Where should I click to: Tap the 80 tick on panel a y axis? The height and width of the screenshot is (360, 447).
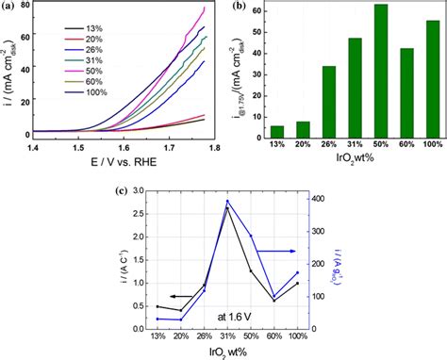click(x=25, y=8)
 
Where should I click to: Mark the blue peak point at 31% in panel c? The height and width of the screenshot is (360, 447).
click(x=226, y=201)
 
